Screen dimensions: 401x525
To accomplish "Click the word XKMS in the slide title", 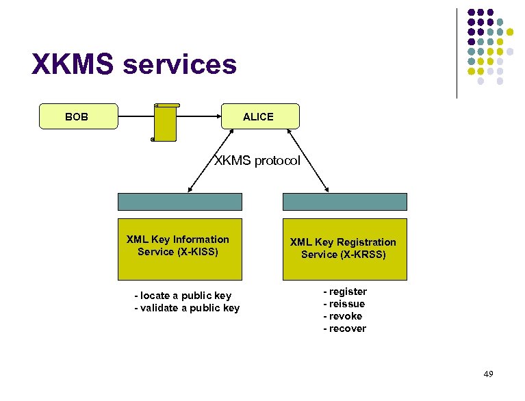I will [x=73, y=65].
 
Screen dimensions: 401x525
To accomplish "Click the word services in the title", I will [x=180, y=65].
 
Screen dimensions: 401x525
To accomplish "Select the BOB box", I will [x=77, y=116].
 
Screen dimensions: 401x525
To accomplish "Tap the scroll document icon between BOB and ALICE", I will [x=165, y=122].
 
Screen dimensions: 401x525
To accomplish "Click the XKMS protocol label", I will [x=257, y=161].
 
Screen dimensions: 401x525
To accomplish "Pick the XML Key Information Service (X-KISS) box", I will [x=179, y=249].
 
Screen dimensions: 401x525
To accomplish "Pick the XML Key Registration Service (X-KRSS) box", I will [x=344, y=249].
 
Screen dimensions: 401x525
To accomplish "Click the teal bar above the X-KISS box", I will [x=179, y=201].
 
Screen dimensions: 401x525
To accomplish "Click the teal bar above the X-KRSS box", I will [x=344, y=201].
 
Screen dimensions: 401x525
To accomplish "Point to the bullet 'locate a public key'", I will [x=183, y=296].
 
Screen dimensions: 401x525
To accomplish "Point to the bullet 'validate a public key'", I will [x=186, y=308].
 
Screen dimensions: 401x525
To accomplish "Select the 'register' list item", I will [x=345, y=292].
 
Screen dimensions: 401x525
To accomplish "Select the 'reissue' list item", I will [x=344, y=304].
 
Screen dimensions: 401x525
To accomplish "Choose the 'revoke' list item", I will [x=343, y=316].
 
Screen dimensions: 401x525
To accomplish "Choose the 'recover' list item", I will [x=344, y=328].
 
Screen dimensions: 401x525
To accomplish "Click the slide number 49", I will [x=488, y=374].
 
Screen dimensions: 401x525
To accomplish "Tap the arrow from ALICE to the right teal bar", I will [x=311, y=161].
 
